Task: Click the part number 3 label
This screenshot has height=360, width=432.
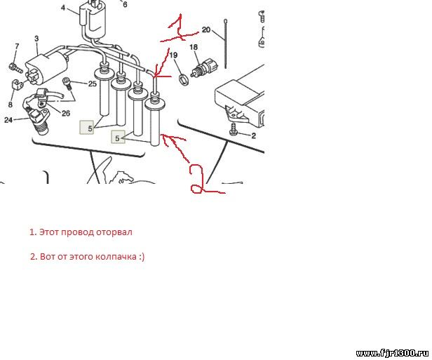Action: click(36, 39)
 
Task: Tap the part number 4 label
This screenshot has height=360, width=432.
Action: click(63, 8)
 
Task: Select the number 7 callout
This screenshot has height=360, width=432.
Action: click(17, 46)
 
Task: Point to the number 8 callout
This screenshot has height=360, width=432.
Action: click(11, 105)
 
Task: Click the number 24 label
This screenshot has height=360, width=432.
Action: click(8, 120)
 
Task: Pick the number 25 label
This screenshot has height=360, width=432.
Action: click(93, 84)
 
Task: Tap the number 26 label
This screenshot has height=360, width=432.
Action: click(66, 113)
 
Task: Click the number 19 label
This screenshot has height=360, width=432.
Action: click(173, 55)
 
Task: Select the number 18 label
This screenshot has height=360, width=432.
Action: click(194, 47)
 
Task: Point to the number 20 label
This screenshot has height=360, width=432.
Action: click(206, 29)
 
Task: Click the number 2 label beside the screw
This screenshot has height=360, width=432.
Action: click(253, 135)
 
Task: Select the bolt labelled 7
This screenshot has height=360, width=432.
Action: click(16, 68)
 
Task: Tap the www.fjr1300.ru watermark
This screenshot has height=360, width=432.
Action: click(393, 353)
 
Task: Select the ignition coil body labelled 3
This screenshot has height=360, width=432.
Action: click(47, 69)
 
